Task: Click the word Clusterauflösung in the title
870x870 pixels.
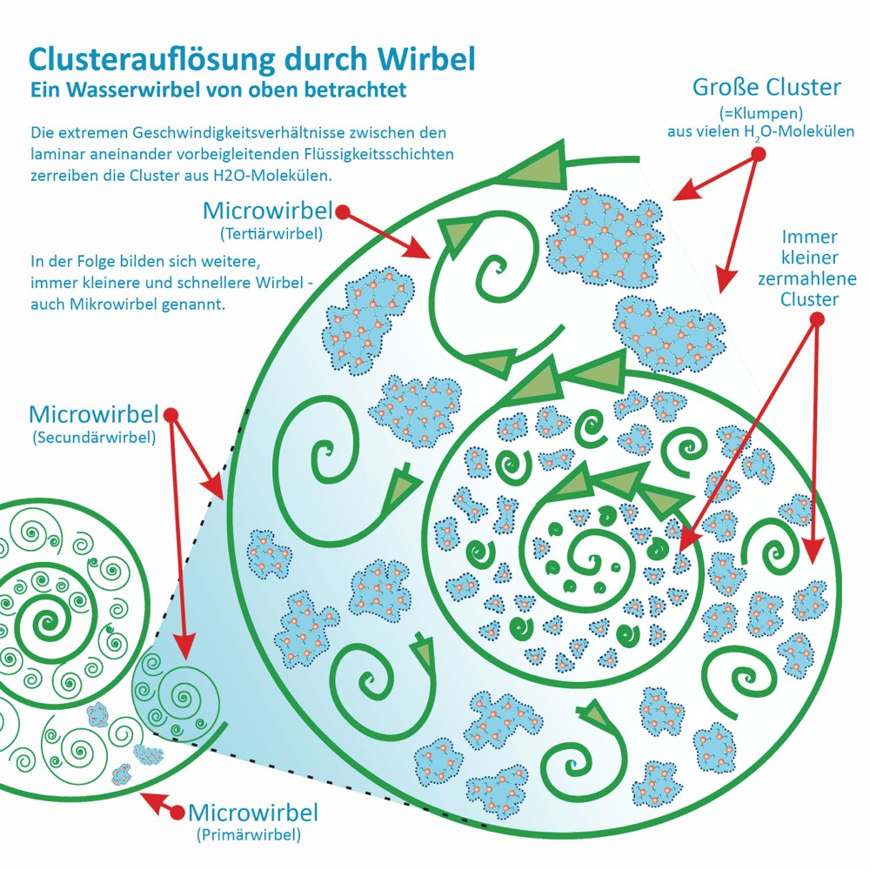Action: tap(151, 59)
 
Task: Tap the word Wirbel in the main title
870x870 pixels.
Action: tap(426, 58)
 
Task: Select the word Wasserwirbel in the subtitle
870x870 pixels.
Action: tap(131, 90)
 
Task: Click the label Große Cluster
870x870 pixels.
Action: tap(766, 87)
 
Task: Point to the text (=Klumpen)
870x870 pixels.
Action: tap(761, 113)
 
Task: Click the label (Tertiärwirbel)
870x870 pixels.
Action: tap(271, 233)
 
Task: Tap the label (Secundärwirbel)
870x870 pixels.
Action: tap(94, 438)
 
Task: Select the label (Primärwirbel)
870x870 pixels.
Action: tap(249, 834)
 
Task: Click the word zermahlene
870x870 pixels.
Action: tap(806, 278)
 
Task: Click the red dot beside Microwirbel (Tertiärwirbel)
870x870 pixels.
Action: tap(343, 212)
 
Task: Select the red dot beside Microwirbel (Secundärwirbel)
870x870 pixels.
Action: tap(171, 415)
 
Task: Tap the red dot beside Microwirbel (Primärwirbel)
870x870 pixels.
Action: tap(177, 813)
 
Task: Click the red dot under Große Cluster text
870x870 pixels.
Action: tap(759, 154)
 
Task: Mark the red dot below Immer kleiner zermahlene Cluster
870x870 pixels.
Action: tap(817, 319)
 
